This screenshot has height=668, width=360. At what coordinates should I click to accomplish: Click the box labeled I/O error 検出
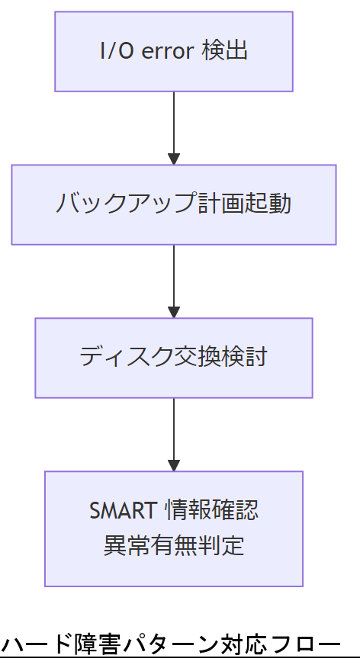pos(174,52)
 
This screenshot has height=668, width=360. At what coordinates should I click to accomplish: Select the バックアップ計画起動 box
pos(174,204)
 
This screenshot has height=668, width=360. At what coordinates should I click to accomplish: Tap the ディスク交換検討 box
pos(174,357)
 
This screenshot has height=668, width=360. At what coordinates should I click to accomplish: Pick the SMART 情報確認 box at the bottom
pos(174,528)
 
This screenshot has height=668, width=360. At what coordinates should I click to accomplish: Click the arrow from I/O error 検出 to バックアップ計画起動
pos(174,126)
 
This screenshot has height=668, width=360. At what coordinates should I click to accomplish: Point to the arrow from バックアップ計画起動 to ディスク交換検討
pos(174,278)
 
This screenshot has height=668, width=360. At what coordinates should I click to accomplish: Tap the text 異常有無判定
pos(174,546)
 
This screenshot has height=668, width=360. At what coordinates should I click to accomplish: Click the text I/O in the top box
pos(113,52)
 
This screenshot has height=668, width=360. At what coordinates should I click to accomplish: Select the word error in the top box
pos(162,52)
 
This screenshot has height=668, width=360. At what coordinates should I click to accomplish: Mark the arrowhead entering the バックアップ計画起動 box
pos(174,159)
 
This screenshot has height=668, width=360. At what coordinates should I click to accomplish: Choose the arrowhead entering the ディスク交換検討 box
pos(174,312)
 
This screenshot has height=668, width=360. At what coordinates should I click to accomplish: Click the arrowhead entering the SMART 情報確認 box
pos(174,465)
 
